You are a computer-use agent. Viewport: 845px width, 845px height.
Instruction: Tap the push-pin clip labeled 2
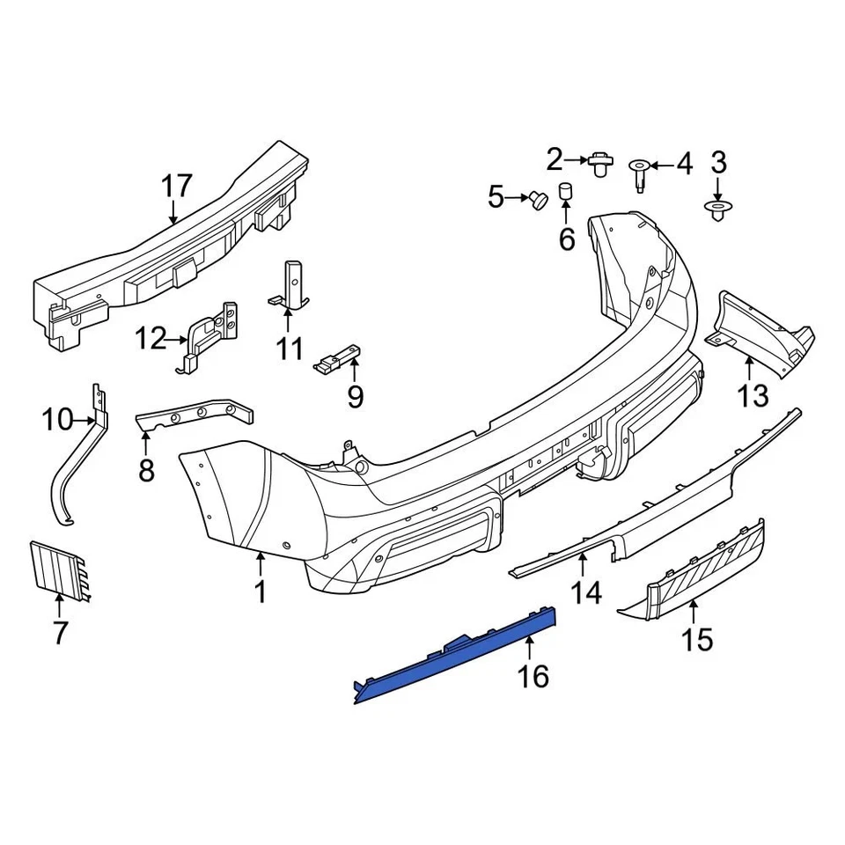click(600, 163)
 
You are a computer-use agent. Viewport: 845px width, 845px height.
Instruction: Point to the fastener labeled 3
click(717, 210)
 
